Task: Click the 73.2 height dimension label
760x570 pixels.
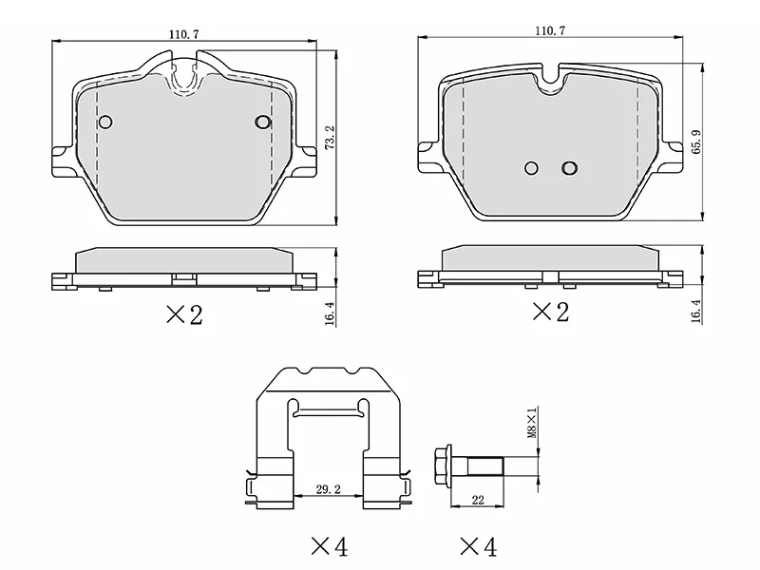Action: coord(329,137)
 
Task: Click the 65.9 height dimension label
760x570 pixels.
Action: coord(696,142)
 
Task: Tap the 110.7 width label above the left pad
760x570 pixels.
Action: coord(183,34)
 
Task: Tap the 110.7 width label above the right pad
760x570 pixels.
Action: coord(550,30)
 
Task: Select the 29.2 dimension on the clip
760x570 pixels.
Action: coord(328,489)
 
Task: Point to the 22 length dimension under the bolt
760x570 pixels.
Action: coord(478,500)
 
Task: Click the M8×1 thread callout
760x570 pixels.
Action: coord(532,423)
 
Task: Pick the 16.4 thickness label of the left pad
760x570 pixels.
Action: coord(330,313)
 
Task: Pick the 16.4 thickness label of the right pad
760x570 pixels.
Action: coord(696,312)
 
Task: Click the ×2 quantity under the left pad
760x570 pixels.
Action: coord(184,315)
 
